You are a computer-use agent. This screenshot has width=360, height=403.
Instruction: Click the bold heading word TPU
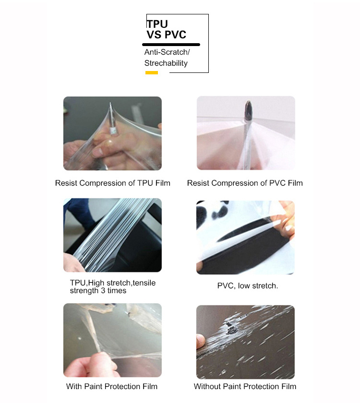click(x=157, y=24)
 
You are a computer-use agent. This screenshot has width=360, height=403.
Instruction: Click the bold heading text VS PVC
click(x=167, y=35)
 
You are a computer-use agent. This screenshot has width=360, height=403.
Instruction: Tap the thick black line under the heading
click(x=171, y=45)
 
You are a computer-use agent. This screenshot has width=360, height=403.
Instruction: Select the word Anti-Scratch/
click(x=167, y=52)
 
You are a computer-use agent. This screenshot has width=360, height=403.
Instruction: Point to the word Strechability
click(x=166, y=63)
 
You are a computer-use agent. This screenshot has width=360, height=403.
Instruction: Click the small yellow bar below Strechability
click(x=152, y=73)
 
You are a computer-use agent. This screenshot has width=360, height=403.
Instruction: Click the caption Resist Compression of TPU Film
click(x=113, y=183)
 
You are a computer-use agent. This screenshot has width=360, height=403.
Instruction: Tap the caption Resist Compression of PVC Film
click(x=245, y=183)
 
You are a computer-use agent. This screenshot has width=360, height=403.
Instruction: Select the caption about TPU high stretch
click(x=113, y=286)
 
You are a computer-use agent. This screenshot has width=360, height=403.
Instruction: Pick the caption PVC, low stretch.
click(x=248, y=286)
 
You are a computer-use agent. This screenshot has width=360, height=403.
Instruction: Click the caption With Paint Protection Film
click(x=111, y=386)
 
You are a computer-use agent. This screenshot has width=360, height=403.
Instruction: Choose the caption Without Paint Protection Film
click(x=245, y=386)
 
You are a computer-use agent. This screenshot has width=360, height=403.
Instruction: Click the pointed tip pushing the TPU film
click(x=110, y=104)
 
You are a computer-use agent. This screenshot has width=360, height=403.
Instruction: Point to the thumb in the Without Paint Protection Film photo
click(x=201, y=341)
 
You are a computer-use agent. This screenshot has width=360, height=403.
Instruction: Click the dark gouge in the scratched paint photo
click(x=231, y=329)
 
